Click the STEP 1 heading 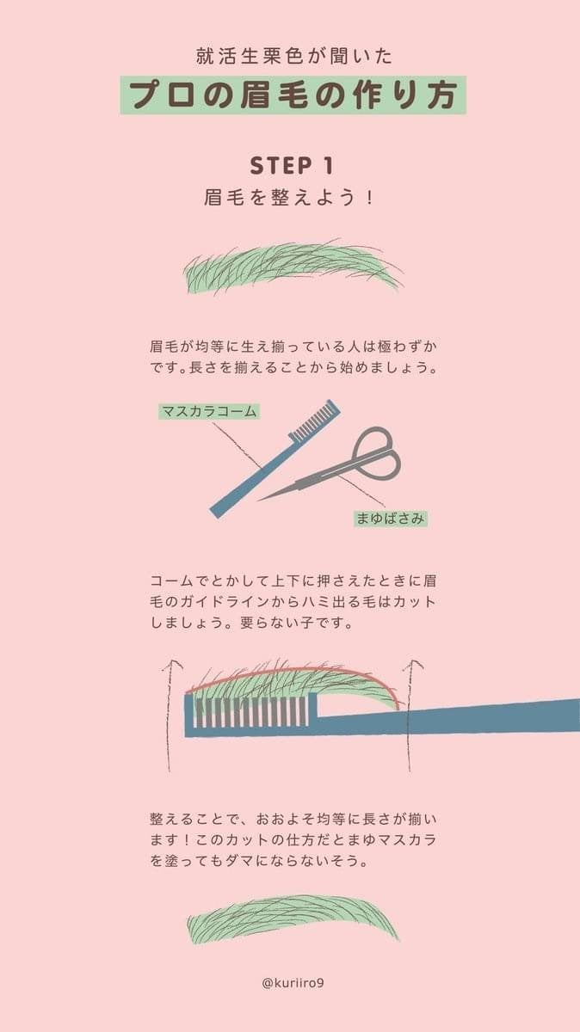[x=291, y=165]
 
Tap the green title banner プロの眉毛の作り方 [x=293, y=95]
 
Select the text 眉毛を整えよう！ [x=291, y=197]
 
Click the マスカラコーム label [x=209, y=411]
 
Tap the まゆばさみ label [x=391, y=519]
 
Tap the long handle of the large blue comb [x=491, y=716]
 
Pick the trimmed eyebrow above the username [x=293, y=918]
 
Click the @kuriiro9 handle [x=290, y=981]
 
